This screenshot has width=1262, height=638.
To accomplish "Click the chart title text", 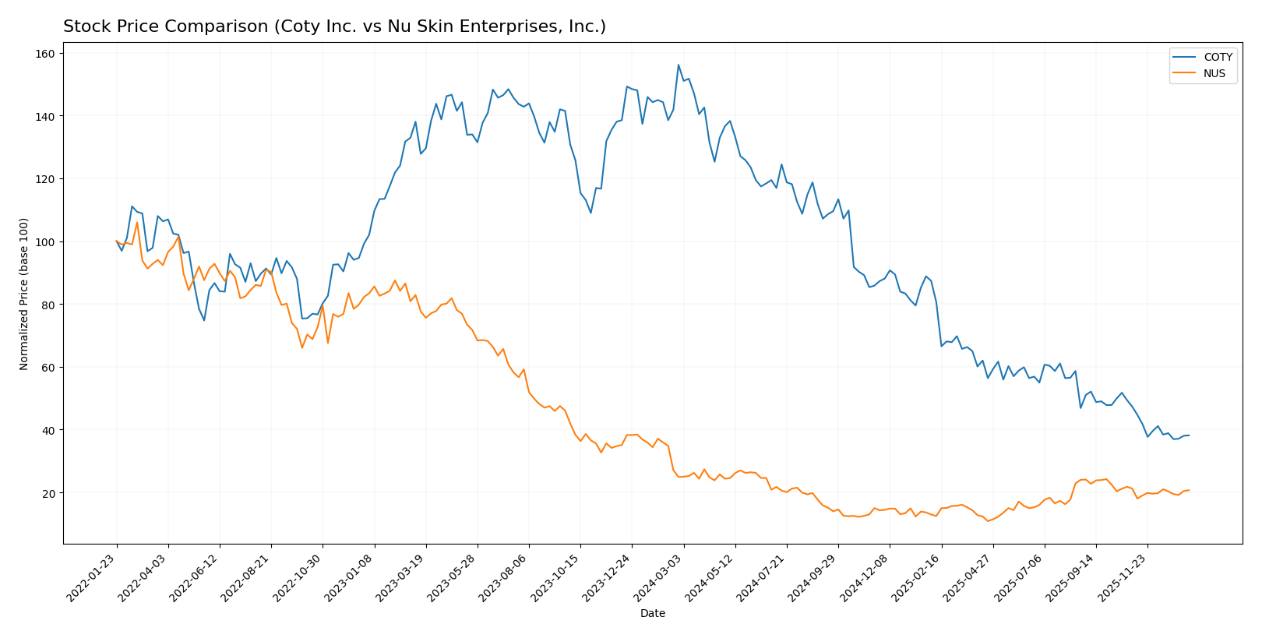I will pyautogui.click(x=334, y=26).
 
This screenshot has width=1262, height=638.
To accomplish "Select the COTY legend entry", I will pyautogui.click(x=1218, y=58).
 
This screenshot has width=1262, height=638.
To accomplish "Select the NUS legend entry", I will pyautogui.click(x=1214, y=74).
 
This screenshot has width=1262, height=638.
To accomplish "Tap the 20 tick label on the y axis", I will pyautogui.click(x=48, y=493).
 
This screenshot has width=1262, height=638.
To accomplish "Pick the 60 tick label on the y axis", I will pyautogui.click(x=48, y=368).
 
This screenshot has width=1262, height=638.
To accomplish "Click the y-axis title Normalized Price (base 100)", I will pyautogui.click(x=24, y=294).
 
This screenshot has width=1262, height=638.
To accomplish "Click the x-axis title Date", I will pyautogui.click(x=652, y=614).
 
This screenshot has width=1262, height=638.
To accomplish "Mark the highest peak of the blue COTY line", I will pyautogui.click(x=679, y=65).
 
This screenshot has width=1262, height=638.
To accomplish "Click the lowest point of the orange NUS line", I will pyautogui.click(x=988, y=521).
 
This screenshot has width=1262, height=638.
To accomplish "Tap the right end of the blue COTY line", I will pyautogui.click(x=1189, y=435).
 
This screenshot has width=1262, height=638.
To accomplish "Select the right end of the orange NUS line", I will pyautogui.click(x=1189, y=490).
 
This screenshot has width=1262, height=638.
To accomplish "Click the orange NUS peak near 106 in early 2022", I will pyautogui.click(x=137, y=223).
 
